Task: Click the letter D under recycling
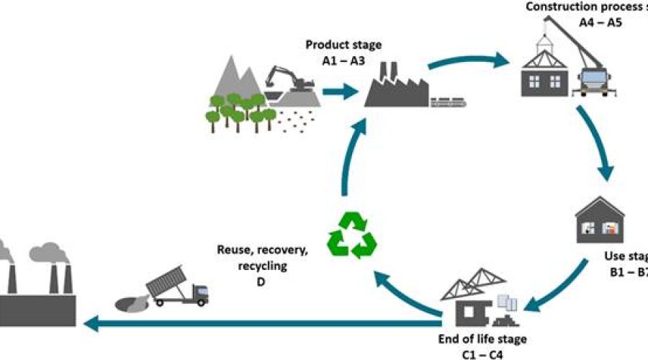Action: tap(263, 282)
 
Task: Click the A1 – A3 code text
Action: tap(339, 60)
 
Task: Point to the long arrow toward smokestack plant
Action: tap(259, 325)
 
